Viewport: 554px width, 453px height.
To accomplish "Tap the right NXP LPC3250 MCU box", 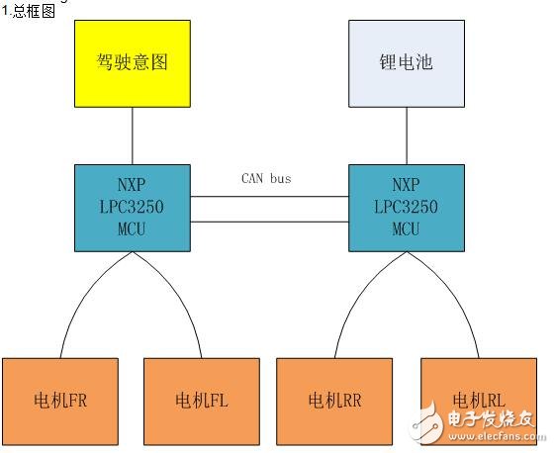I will [x=407, y=207].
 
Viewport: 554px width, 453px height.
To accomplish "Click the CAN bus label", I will [x=267, y=179].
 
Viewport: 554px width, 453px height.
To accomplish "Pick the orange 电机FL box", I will [x=202, y=400].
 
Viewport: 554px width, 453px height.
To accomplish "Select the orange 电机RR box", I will [x=334, y=400].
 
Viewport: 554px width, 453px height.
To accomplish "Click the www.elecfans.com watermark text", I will [x=491, y=435].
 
